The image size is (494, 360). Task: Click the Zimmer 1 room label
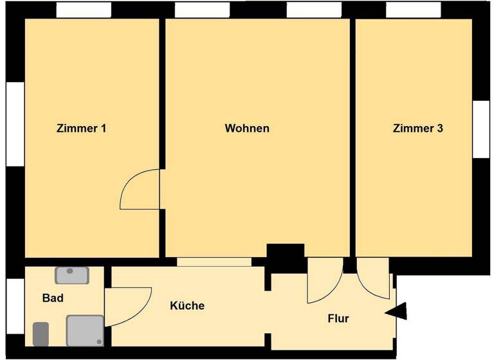coord(81,128)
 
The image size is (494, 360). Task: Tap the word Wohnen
coord(247,128)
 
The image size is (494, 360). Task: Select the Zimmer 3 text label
coord(417,128)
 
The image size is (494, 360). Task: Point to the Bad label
coord(53,298)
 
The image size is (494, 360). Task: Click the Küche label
coord(187,305)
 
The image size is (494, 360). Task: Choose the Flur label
coord(338,318)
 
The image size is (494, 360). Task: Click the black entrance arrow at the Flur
coord(397,312)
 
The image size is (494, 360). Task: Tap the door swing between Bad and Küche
coord(127,306)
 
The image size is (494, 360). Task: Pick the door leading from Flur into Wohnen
coord(325,281)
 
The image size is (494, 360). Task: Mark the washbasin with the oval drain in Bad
coord(71,274)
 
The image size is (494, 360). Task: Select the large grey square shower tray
coord(85,330)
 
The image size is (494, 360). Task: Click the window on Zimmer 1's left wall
coord(15,122)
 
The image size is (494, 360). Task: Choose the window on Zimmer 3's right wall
coord(481,129)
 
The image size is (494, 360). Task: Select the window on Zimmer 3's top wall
coord(414,10)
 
